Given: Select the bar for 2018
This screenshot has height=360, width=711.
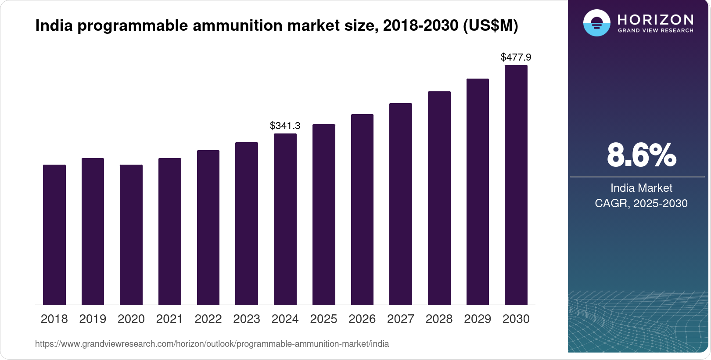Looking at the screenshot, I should click(x=54, y=234).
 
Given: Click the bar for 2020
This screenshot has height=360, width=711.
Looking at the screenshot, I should click(x=131, y=234).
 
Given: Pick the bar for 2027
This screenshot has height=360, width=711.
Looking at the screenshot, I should click(x=401, y=204).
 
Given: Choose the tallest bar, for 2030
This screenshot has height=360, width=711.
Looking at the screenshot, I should click(x=516, y=185).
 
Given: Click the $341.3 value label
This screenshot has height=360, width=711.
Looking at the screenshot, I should click(x=285, y=126).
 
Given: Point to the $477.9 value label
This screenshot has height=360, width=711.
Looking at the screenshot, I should click(x=516, y=58).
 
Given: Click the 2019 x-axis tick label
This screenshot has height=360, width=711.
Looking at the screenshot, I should click(x=93, y=319).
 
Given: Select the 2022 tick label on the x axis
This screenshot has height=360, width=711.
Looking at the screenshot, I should click(x=208, y=319).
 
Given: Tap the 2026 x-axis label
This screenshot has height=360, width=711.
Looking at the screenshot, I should click(x=362, y=319).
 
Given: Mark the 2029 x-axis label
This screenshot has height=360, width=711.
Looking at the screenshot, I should click(x=478, y=319).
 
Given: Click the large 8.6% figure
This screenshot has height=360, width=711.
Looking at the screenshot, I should click(x=641, y=155).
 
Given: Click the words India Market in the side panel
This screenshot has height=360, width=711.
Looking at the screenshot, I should click(x=641, y=188).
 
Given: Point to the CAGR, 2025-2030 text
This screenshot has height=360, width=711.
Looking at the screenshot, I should click(x=641, y=204).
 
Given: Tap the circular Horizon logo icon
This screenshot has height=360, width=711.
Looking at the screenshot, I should click(x=596, y=23).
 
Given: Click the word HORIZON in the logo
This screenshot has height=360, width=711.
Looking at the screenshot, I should click(x=655, y=19).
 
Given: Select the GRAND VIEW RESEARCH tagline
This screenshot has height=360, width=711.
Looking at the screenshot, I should click(x=655, y=31).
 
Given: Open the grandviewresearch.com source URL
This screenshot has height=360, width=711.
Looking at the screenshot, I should click(x=212, y=344).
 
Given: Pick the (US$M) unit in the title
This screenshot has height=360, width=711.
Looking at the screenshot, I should click(x=491, y=26).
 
